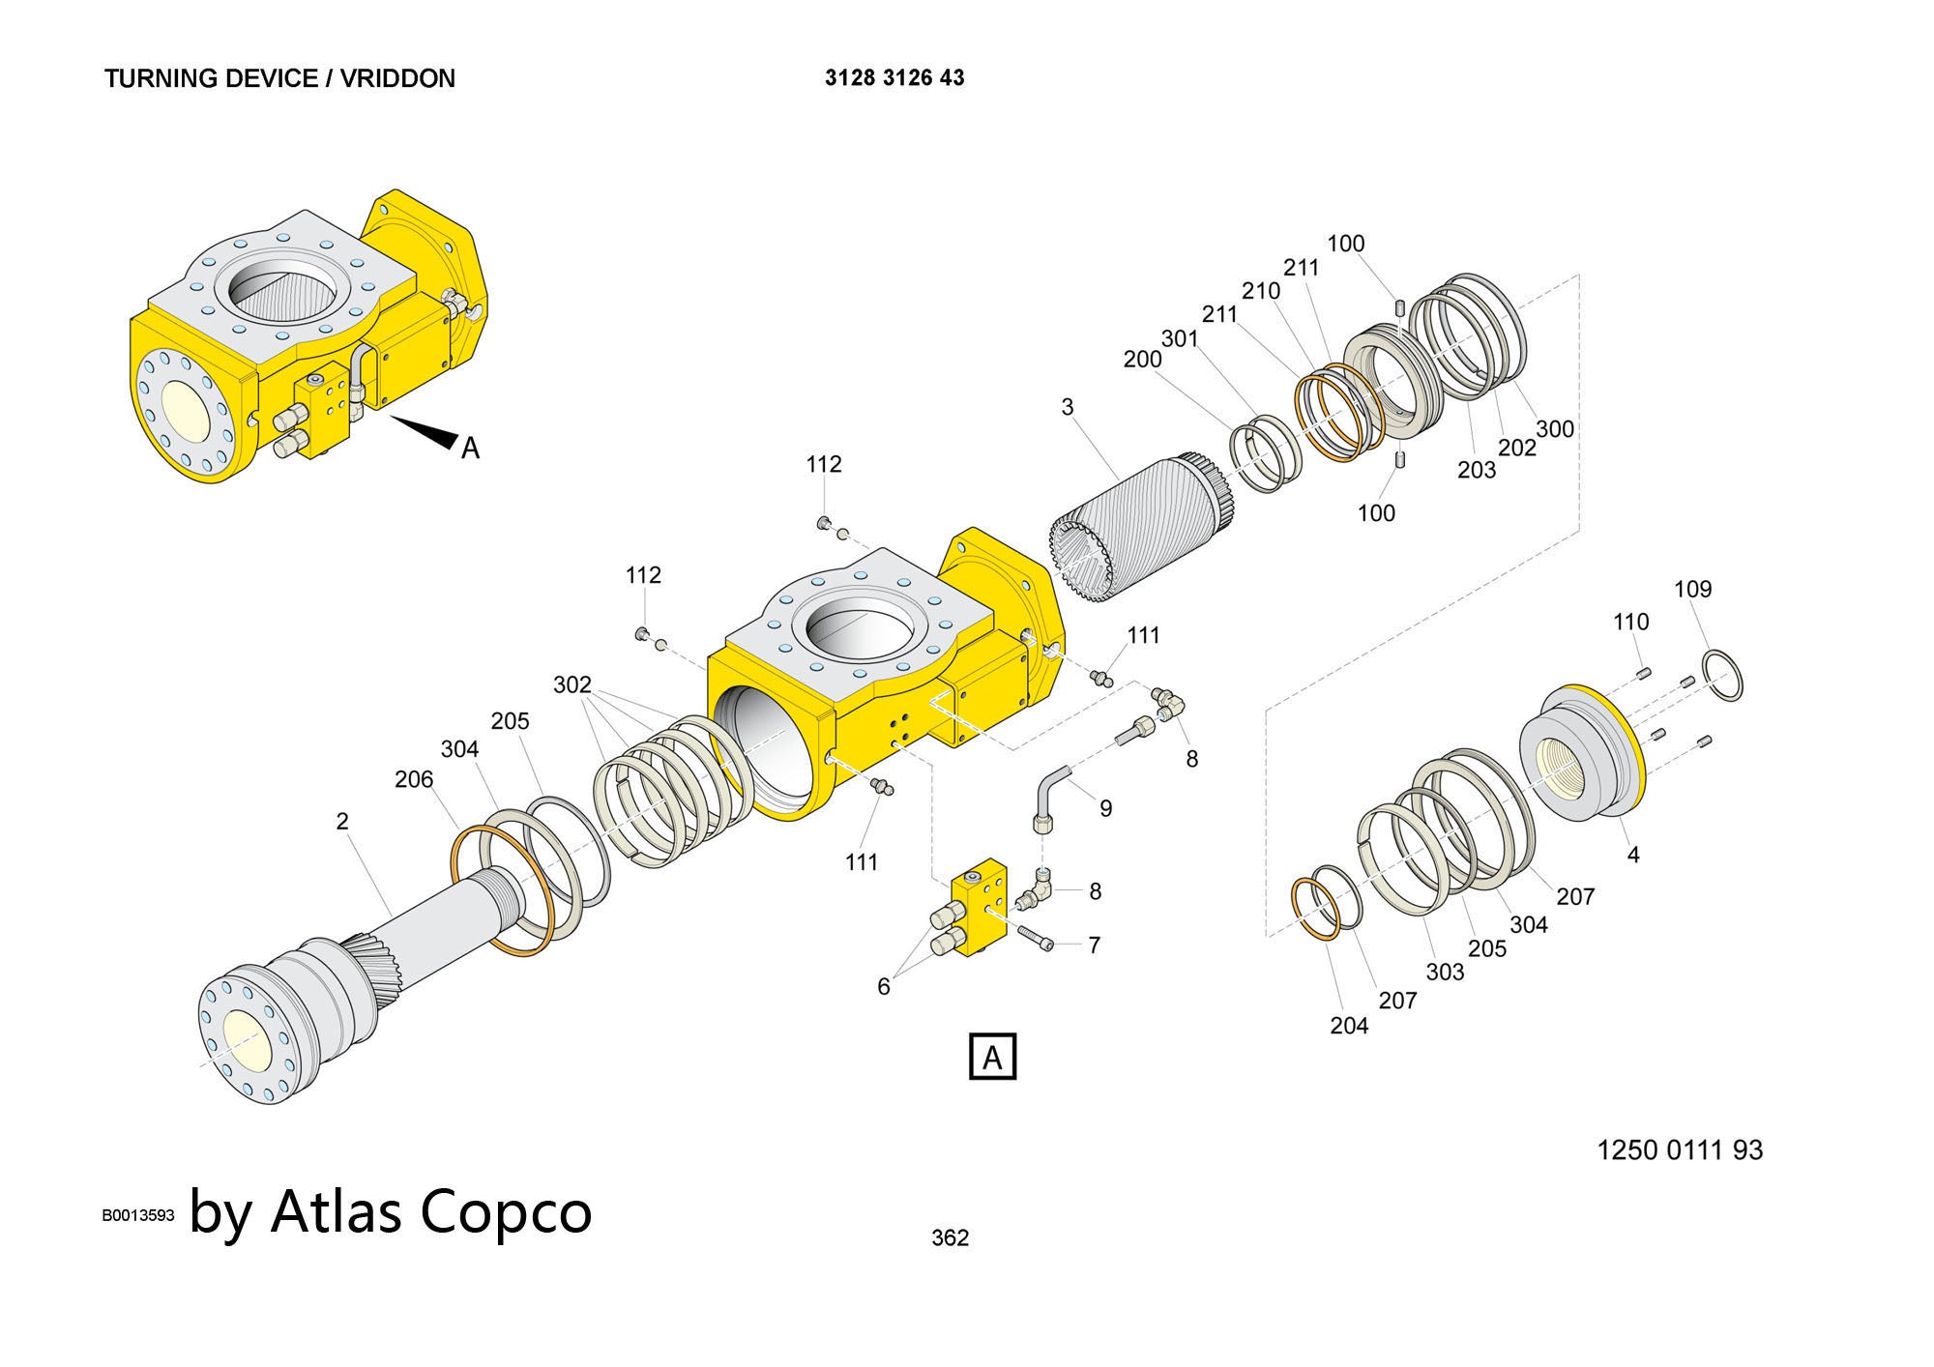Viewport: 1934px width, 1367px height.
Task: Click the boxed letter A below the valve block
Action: (x=992, y=1057)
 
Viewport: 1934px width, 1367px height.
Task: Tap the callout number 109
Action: (x=1692, y=589)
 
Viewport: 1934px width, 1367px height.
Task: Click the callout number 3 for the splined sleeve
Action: (x=1068, y=407)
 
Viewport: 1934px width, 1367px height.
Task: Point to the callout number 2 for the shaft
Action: (x=342, y=821)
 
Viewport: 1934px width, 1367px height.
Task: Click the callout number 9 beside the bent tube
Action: (x=1106, y=808)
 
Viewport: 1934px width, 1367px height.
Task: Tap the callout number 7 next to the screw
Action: (x=1094, y=945)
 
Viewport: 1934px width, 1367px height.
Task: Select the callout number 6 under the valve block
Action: (x=883, y=986)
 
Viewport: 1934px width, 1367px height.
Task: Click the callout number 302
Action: (x=571, y=684)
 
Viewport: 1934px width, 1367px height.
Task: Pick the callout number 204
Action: (x=1349, y=1026)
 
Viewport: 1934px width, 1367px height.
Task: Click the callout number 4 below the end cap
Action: (x=1633, y=855)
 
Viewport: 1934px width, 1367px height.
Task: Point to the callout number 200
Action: (x=1142, y=360)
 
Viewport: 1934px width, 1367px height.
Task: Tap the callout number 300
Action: (x=1555, y=428)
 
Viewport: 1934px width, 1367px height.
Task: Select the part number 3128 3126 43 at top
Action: (x=894, y=77)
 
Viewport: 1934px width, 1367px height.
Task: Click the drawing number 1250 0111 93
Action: (x=1680, y=1149)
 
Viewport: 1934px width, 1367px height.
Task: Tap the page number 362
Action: (x=950, y=1237)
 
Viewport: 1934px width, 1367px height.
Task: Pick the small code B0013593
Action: (x=138, y=1215)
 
